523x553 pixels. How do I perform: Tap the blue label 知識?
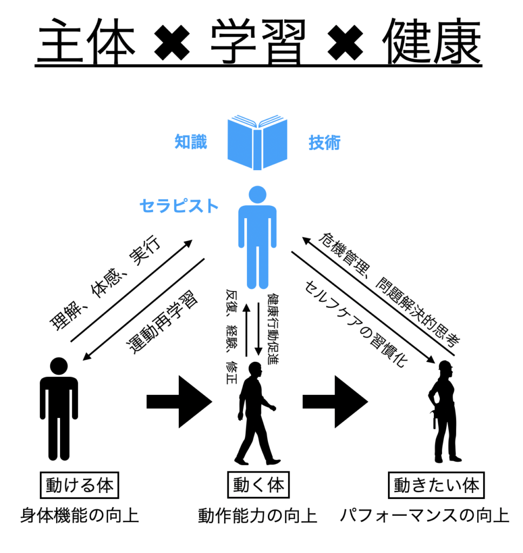(191, 142)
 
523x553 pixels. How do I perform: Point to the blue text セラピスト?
(179, 206)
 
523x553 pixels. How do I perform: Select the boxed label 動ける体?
(79, 484)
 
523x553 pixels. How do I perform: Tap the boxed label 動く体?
(257, 484)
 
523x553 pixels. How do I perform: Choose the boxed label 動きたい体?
(436, 484)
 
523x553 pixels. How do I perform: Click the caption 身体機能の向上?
(79, 515)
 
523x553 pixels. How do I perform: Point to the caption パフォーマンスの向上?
(424, 515)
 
